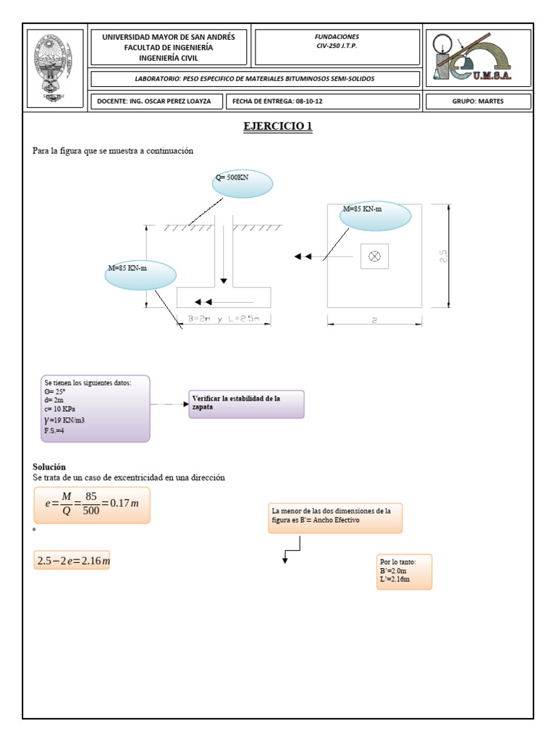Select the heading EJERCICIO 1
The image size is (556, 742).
pos(278,127)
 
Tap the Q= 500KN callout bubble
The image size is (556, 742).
pos(243,183)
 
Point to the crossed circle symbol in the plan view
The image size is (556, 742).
pos(375,256)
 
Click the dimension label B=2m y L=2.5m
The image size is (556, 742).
pos(224,319)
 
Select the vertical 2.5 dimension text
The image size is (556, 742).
pos(444,257)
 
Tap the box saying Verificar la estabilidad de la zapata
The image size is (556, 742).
pos(246,404)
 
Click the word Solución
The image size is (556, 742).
pos(49,467)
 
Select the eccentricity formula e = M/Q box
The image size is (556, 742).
pos(91,505)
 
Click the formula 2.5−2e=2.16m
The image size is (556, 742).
pos(72,560)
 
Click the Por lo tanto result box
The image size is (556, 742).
pos(404,572)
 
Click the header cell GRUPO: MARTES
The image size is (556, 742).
pos(478,101)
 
